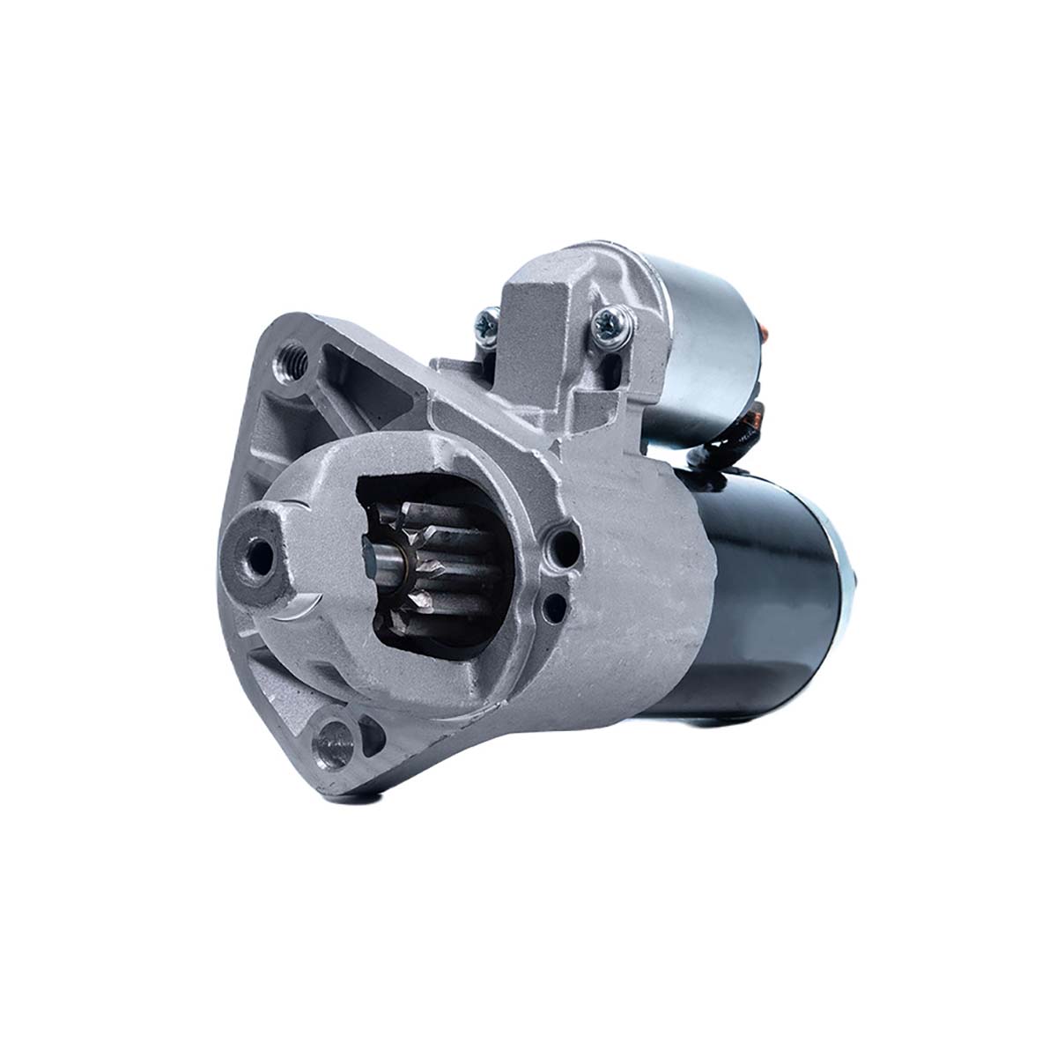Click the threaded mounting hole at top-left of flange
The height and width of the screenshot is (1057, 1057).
[291, 359]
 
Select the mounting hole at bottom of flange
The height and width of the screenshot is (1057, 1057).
[334, 733]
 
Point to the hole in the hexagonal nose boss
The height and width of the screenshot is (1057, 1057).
[259, 553]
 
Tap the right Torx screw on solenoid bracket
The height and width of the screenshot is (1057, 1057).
[608, 323]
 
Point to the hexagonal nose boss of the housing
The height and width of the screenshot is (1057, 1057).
[264, 555]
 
